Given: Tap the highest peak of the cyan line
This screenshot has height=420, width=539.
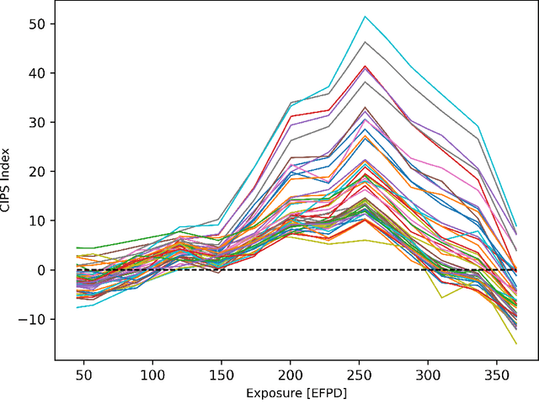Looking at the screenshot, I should coord(365,16).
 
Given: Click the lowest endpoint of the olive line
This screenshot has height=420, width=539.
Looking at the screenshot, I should coord(516,343).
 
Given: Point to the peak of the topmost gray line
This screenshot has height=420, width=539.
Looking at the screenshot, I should coord(365,41).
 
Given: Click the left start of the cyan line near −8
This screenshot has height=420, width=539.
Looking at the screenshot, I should coord(77,307).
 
